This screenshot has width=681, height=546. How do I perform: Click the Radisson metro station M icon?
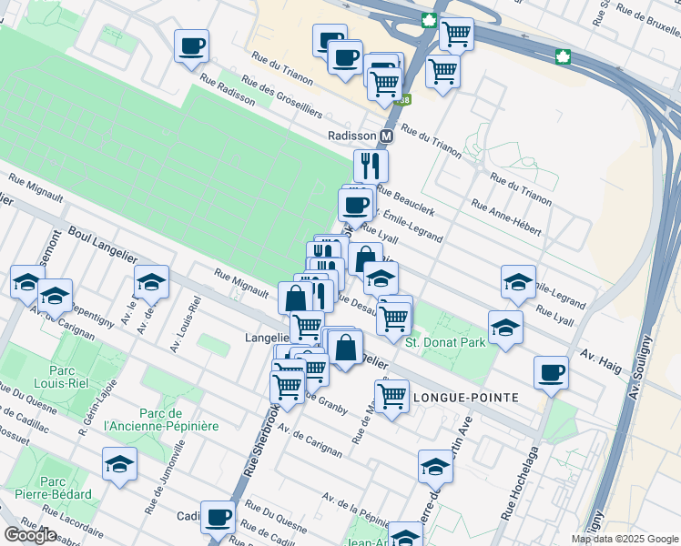pyautogui.click(x=386, y=136)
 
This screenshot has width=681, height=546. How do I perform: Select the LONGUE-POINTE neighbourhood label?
pyautogui.click(x=466, y=398)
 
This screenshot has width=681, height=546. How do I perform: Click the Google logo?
pyautogui.click(x=30, y=535)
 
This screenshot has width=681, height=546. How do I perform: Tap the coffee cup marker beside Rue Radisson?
pyautogui.click(x=192, y=46)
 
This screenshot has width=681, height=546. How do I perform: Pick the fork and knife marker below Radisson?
pyautogui.click(x=371, y=166)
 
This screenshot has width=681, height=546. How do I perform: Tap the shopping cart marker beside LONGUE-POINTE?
pyautogui.click(x=391, y=396)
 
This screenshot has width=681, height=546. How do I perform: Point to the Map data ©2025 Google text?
pyautogui.click(x=625, y=539)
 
